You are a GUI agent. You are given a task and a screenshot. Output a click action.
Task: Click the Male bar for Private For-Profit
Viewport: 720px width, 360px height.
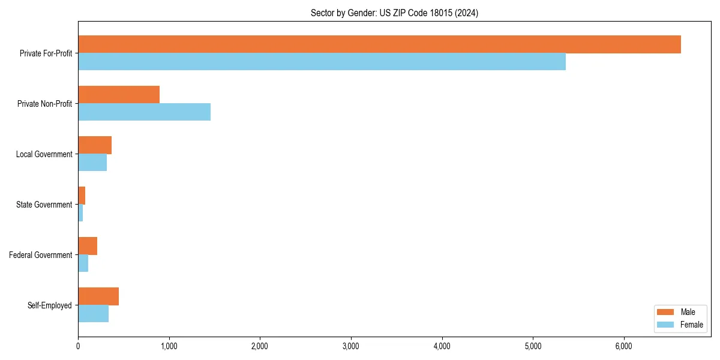pyautogui.click(x=379, y=44)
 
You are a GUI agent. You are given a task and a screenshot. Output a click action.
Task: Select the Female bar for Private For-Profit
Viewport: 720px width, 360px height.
pyautogui.click(x=322, y=62)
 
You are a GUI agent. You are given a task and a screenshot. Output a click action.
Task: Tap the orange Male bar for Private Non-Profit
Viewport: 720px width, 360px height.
pyautogui.click(x=119, y=95)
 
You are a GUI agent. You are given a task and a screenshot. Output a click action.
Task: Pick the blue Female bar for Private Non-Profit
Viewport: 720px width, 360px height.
pyautogui.click(x=144, y=112)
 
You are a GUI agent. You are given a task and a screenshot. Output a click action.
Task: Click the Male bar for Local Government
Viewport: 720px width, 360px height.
pyautogui.click(x=95, y=145)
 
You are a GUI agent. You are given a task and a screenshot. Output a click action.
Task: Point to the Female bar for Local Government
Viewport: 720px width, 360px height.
pyautogui.click(x=92, y=163)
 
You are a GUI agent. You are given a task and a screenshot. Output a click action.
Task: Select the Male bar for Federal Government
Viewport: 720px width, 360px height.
pyautogui.click(x=88, y=246)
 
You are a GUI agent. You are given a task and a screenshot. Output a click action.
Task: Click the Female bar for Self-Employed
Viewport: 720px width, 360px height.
pyautogui.click(x=93, y=314)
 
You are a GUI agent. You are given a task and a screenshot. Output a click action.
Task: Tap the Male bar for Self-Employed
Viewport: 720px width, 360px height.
pyautogui.click(x=98, y=296)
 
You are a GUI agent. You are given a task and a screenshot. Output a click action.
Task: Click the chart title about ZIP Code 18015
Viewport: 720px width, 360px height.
pyautogui.click(x=394, y=13)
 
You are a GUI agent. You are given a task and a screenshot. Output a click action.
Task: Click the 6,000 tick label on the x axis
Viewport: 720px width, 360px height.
pyautogui.click(x=624, y=346)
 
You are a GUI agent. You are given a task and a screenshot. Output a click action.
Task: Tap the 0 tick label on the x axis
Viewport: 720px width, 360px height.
pyautogui.click(x=78, y=346)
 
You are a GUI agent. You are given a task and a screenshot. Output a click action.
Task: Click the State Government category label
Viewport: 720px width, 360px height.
pyautogui.click(x=44, y=205)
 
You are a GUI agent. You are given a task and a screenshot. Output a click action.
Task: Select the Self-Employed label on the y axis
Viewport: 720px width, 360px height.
pyautogui.click(x=50, y=305)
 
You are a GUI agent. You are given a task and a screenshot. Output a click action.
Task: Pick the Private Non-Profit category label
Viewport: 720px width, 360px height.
pyautogui.click(x=44, y=104)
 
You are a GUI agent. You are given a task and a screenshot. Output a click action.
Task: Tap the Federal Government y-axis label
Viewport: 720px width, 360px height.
pyautogui.click(x=41, y=255)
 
